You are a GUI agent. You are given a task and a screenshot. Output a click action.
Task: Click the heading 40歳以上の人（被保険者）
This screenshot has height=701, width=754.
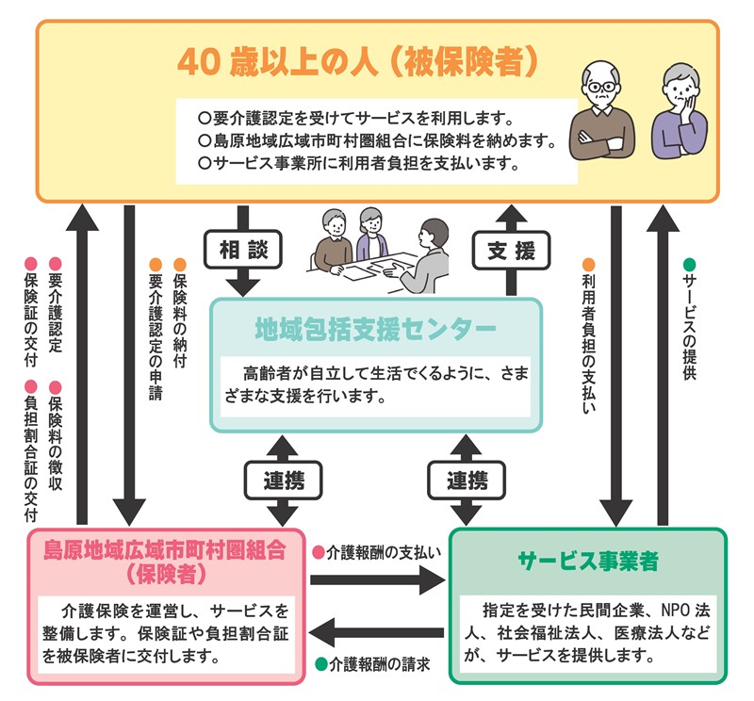pyautogui.click(x=358, y=62)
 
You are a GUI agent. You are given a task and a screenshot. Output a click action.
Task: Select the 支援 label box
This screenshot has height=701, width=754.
pyautogui.click(x=511, y=251)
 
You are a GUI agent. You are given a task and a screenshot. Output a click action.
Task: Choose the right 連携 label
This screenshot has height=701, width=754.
pyautogui.click(x=466, y=481)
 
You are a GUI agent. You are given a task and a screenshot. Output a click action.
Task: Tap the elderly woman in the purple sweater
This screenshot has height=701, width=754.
pyautogui.click(x=681, y=113)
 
